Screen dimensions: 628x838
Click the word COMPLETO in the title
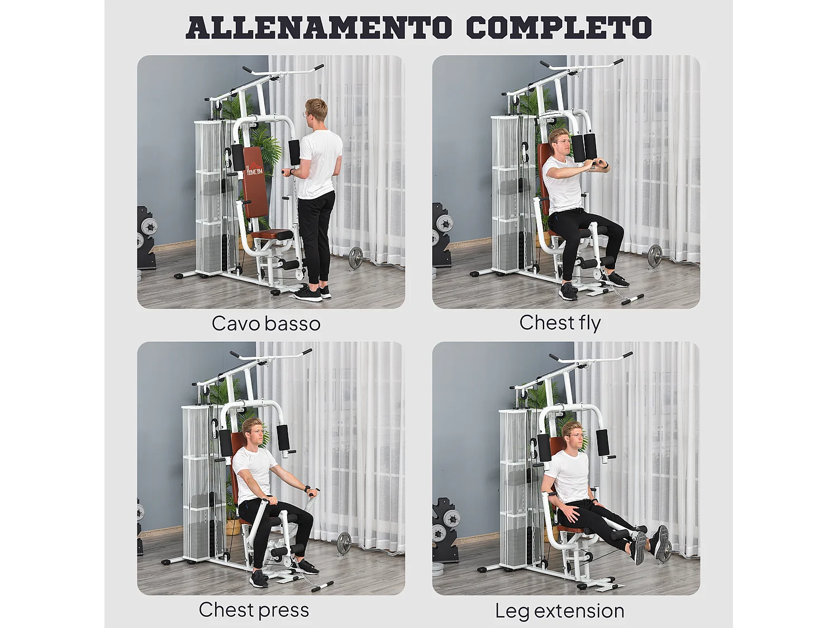[558, 27]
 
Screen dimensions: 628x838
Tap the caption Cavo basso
[266, 324]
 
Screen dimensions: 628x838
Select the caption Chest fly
[560, 323]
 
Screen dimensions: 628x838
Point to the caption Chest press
[254, 610]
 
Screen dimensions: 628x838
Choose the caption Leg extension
[560, 611]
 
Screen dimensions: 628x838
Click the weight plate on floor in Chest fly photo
[654, 256]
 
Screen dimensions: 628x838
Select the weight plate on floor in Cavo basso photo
[356, 259]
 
